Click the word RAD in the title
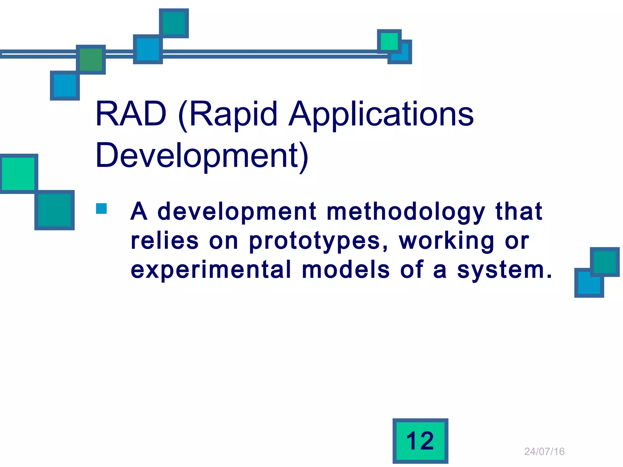131,114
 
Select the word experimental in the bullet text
211,270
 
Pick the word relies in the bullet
165,241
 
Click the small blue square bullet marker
101,209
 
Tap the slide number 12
420,441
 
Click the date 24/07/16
544,451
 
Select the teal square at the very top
174,23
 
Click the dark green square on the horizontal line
91,59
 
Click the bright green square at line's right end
389,41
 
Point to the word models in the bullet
346,270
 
